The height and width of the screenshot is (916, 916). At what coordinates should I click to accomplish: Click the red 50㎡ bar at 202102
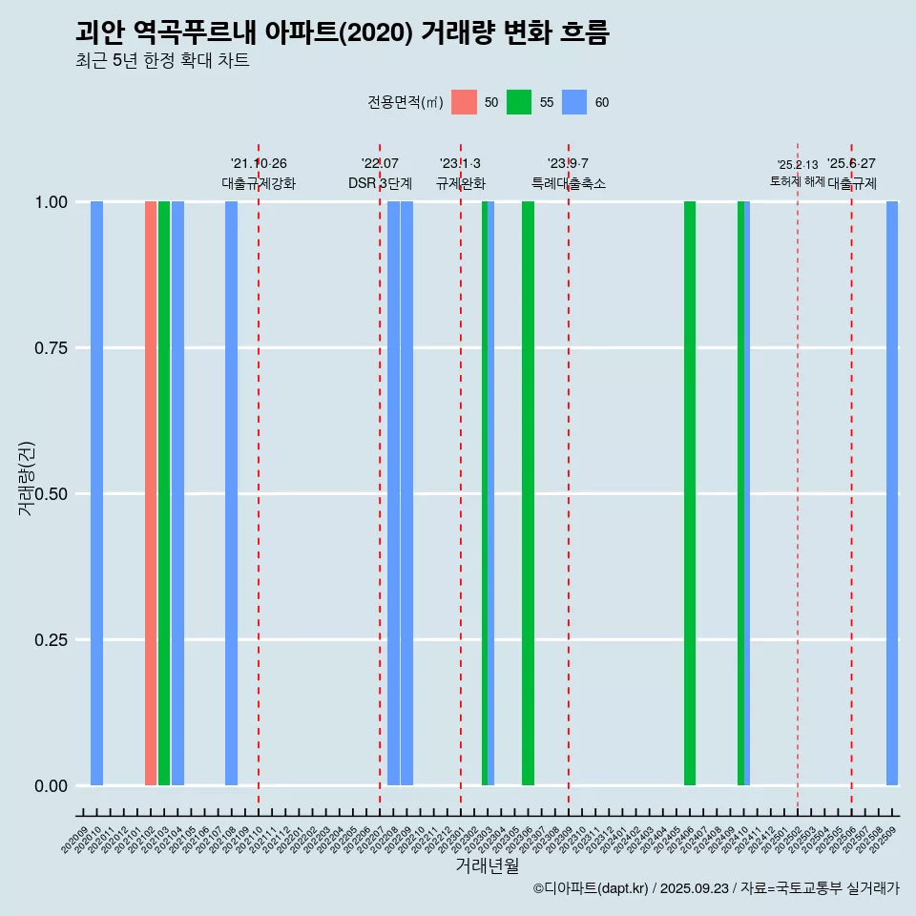151,493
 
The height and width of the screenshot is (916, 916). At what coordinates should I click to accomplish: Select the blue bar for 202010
96,493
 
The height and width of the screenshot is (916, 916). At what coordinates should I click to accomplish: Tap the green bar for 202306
528,493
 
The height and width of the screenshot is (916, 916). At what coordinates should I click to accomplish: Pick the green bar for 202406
690,493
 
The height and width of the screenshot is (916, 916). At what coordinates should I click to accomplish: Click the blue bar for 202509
892,493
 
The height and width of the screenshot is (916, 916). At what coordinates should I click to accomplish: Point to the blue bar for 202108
232,493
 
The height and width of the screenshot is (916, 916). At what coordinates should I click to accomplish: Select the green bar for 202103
164,493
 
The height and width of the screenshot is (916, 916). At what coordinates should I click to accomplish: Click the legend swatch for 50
464,102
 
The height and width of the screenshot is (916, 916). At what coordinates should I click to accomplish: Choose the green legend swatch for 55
519,102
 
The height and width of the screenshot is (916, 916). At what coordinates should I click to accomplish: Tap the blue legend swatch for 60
574,102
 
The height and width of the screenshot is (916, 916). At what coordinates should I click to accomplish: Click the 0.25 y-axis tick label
52,640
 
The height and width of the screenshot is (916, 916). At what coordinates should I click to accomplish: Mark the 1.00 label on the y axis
52,202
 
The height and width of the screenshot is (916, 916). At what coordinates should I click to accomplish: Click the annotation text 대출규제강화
259,183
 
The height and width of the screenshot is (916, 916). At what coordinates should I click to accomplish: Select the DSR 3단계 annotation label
380,183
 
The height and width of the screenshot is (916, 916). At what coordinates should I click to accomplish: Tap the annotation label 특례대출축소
569,183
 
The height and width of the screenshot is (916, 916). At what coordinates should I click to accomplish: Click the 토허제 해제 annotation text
798,181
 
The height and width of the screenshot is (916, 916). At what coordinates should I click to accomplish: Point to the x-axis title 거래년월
487,866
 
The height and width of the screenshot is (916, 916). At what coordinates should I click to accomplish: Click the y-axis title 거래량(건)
27,478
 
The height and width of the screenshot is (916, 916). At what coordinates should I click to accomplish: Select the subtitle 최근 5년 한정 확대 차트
162,61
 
